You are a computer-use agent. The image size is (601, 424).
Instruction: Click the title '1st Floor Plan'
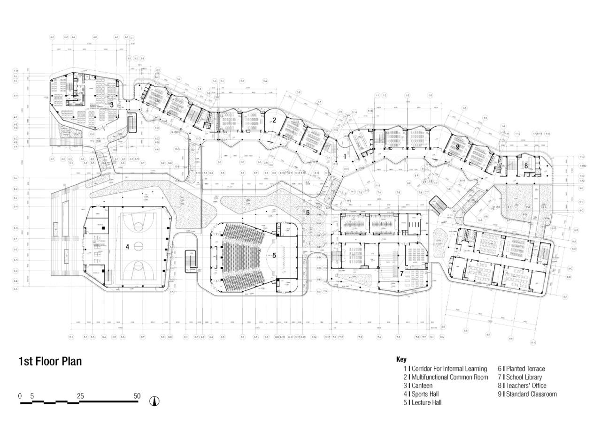point(50,361)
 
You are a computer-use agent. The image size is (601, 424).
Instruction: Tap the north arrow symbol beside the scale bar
point(154,401)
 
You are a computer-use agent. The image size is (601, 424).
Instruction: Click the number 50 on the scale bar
point(137,396)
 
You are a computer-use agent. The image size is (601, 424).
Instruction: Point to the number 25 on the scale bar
point(80,396)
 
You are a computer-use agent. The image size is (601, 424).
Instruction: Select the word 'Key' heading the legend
point(401,360)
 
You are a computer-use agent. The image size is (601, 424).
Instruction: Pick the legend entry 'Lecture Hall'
point(426,402)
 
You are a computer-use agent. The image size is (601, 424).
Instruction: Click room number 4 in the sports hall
point(127,246)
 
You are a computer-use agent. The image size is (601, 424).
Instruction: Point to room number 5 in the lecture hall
point(274,255)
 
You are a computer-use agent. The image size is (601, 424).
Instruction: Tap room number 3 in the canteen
point(112,105)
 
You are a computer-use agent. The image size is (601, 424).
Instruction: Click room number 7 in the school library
point(401,273)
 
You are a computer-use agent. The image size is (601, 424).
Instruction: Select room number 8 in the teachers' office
point(526,166)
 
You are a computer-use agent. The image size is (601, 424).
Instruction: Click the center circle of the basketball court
point(139,246)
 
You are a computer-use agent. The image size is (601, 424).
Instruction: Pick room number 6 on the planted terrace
point(308,212)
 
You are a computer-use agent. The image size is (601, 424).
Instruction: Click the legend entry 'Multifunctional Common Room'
point(449,377)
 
